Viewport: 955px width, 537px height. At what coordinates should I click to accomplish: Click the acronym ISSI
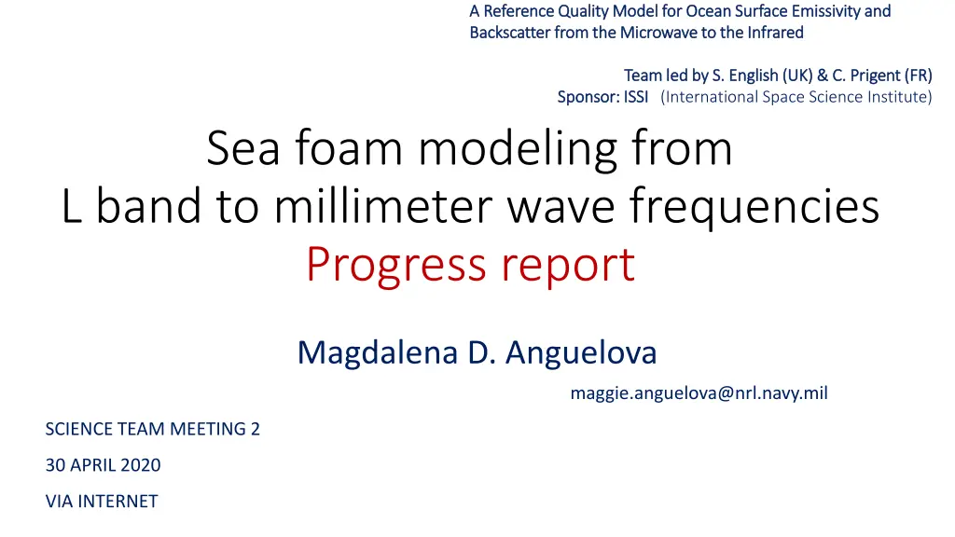tap(636, 97)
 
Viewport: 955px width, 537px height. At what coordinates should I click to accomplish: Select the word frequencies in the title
tap(755, 207)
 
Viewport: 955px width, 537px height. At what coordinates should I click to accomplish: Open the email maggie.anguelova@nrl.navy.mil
tap(699, 393)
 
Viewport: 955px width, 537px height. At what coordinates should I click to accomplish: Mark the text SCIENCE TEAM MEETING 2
tap(153, 429)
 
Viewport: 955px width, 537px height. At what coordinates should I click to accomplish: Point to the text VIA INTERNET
tap(102, 501)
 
